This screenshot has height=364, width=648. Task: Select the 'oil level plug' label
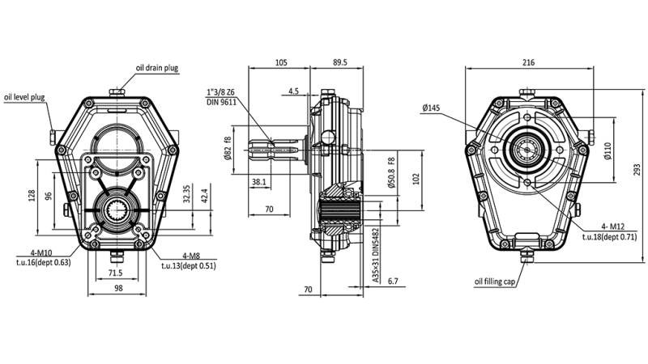(24, 97)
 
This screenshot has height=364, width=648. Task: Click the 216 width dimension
(528, 61)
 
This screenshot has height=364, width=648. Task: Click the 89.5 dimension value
(339, 61)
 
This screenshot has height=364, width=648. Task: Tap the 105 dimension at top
(281, 61)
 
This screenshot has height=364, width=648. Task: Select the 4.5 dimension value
(293, 91)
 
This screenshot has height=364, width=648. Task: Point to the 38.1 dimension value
(259, 183)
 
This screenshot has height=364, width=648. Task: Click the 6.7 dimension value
(392, 281)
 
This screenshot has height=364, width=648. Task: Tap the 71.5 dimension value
(116, 273)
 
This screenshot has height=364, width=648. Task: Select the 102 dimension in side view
(416, 177)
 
